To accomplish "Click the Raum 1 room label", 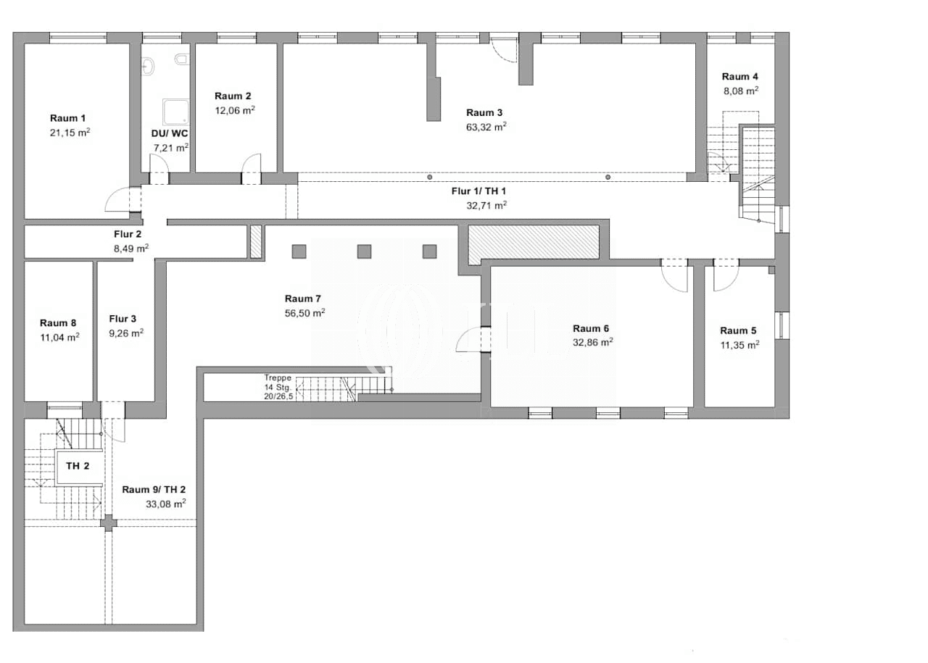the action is (67, 118).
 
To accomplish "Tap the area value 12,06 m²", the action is (234, 110).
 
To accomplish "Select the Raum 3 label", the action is (484, 112).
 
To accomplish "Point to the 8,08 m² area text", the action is (741, 91).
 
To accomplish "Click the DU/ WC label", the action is (170, 133).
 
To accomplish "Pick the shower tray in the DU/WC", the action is (175, 112).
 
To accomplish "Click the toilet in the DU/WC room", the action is (182, 59).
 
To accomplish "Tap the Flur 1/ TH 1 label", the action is (478, 191).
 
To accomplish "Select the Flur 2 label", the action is (128, 234).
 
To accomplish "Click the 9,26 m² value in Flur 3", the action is (126, 333).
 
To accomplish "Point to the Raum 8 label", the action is (58, 322).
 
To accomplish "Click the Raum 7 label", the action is (303, 299).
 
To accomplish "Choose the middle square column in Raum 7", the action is (364, 251).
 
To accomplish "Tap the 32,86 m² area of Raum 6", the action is (593, 343).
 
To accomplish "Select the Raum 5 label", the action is (738, 330).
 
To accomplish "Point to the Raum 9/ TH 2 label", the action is (154, 490).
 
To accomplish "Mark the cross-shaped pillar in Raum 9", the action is (109, 523).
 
